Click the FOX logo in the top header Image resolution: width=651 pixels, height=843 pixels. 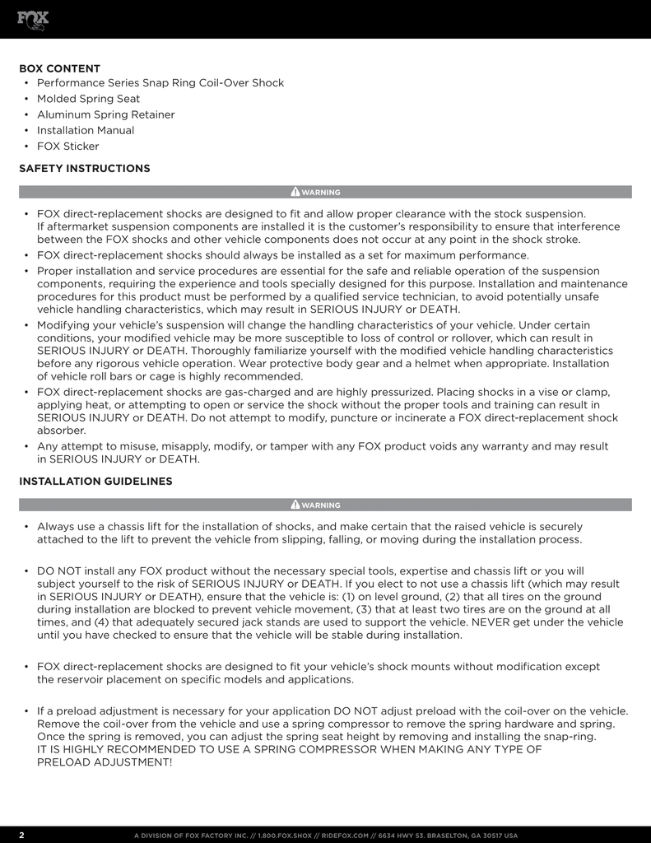pyautogui.click(x=34, y=19)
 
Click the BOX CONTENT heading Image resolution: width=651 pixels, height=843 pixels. pyautogui.click(x=59, y=68)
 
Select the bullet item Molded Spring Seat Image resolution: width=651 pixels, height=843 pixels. pyautogui.click(x=88, y=99)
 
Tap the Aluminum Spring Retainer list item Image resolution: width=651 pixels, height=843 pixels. pyautogui.click(x=105, y=114)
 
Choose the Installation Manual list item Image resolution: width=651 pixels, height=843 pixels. pyautogui.click(x=85, y=130)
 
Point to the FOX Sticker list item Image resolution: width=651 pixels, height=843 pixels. pyautogui.click(x=67, y=147)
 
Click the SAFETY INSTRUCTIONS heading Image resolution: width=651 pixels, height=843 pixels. pyautogui.click(x=84, y=168)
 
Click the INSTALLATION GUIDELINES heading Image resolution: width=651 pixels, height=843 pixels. pyautogui.click(x=95, y=481)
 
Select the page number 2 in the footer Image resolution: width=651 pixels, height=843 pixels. pyautogui.click(x=21, y=835)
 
